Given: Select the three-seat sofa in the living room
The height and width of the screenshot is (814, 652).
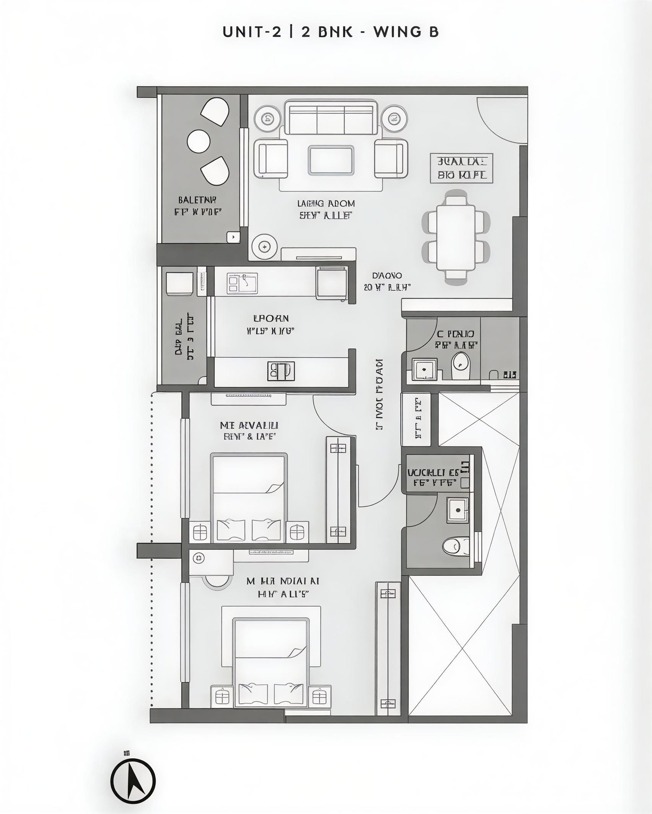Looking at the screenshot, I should click(x=330, y=118).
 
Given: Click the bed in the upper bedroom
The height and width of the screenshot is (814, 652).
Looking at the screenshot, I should click(x=249, y=497).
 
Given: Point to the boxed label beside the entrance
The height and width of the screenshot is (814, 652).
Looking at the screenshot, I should click(x=462, y=168).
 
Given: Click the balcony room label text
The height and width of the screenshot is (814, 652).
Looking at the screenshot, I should click(x=198, y=206).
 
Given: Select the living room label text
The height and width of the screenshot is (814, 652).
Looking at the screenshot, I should click(x=326, y=209).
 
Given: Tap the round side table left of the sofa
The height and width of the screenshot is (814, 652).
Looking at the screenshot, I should click(x=268, y=119).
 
